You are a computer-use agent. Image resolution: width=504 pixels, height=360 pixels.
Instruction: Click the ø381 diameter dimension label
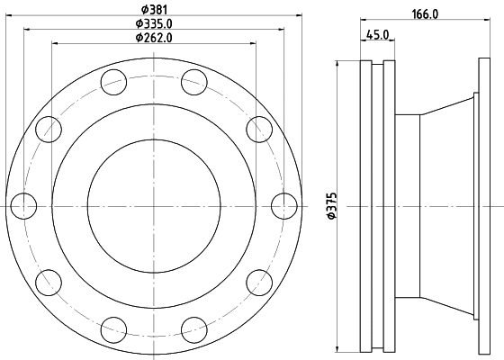[154, 9]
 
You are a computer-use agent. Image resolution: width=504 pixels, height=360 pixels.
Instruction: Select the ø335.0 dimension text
[154, 23]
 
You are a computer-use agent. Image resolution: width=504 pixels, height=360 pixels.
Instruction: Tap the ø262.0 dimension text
[154, 38]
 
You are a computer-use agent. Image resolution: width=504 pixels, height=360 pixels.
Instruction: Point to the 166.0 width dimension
[425, 14]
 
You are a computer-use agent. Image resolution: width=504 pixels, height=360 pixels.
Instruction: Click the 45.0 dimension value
[377, 34]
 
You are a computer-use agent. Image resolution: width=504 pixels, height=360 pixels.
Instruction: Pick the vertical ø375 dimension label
[331, 206]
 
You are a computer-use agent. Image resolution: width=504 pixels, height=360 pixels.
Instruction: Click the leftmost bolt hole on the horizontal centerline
[23, 206]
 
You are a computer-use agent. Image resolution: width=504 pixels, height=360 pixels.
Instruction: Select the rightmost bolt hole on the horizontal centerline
[284, 206]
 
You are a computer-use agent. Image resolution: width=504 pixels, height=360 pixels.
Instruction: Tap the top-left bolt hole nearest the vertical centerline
[113, 82]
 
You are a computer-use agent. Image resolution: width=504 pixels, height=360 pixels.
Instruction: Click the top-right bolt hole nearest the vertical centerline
[194, 82]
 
